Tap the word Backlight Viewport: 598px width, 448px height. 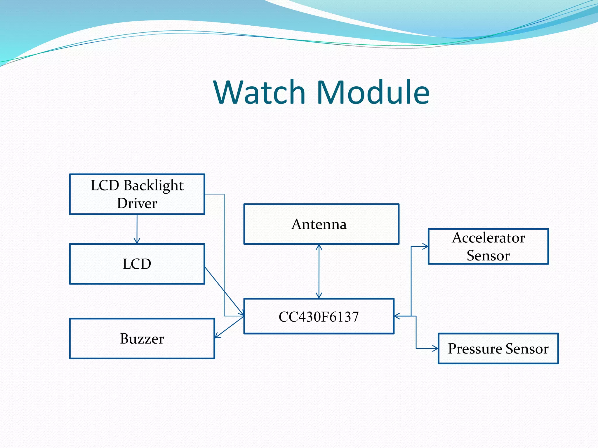click(x=154, y=185)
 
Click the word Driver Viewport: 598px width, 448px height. click(x=137, y=203)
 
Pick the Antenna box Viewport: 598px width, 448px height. click(x=321, y=224)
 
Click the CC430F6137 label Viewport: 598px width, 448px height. click(x=319, y=317)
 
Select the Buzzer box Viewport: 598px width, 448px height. click(x=142, y=338)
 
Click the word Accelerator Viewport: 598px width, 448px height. click(x=489, y=238)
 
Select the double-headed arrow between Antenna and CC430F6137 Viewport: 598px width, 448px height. click(x=319, y=271)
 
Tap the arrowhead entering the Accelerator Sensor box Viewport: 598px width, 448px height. click(x=426, y=246)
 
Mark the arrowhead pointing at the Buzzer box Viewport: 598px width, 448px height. click(x=217, y=336)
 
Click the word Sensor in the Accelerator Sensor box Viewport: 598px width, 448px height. click(x=488, y=256)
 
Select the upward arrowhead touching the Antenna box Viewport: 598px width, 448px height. click(x=319, y=247)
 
